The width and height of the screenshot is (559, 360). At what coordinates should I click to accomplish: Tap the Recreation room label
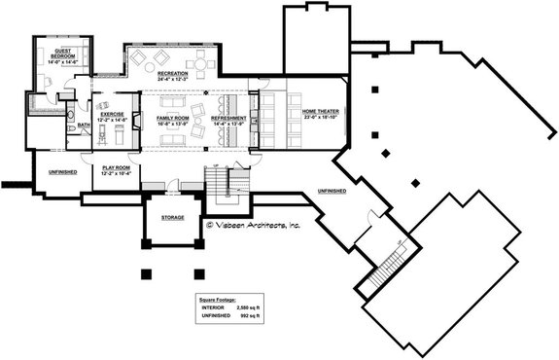[173, 73]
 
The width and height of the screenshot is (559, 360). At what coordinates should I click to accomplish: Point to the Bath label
[84, 125]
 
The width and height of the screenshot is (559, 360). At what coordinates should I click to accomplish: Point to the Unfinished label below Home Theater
[331, 191]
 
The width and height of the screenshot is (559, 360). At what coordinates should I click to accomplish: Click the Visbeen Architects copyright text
[254, 225]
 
